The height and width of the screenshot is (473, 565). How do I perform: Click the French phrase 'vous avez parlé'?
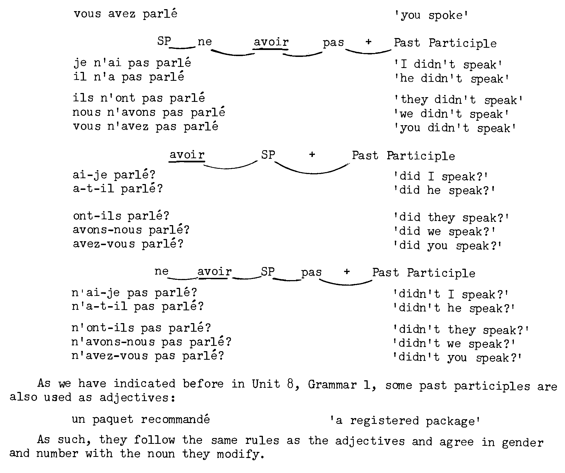pyautogui.click(x=125, y=14)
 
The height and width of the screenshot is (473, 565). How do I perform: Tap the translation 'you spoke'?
pyautogui.click(x=431, y=15)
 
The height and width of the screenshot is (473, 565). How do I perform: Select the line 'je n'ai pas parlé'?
pyautogui.click(x=132, y=63)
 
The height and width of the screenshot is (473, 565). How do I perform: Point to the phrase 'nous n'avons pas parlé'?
pyautogui.click(x=149, y=112)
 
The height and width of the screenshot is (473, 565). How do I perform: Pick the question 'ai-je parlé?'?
pyautogui.click(x=114, y=175)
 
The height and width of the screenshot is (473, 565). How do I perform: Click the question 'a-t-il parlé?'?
pyautogui.click(x=118, y=189)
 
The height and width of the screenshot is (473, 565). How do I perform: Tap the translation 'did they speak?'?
pyautogui.click(x=451, y=218)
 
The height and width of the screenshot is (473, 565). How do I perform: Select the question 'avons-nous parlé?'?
pyautogui.click(x=131, y=230)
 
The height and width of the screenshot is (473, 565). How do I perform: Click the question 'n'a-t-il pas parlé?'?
pyautogui.click(x=138, y=307)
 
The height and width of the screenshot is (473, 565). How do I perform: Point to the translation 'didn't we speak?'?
pyautogui.click(x=454, y=344)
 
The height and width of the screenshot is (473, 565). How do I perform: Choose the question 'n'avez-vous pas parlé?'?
pyautogui.click(x=148, y=356)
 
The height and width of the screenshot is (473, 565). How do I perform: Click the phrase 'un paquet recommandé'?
pyautogui.click(x=141, y=419)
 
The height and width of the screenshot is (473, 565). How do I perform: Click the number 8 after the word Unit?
pyautogui.click(x=290, y=384)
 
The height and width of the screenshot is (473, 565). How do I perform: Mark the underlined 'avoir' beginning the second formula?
pyautogui.click(x=187, y=155)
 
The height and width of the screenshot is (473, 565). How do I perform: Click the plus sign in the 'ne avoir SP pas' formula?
pyautogui.click(x=347, y=272)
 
